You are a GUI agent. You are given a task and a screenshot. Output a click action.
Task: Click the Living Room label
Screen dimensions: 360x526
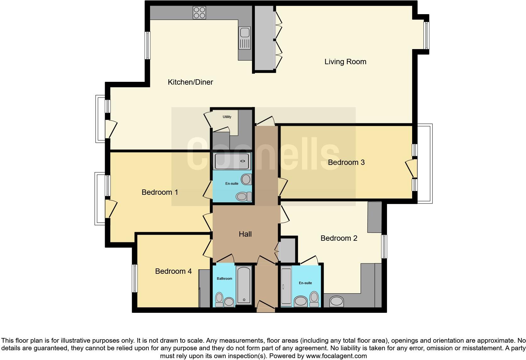click(345, 62)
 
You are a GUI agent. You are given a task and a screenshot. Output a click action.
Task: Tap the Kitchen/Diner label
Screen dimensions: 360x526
click(190, 82)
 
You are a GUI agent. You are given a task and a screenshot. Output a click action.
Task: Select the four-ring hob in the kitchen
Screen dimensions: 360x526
click(199, 13)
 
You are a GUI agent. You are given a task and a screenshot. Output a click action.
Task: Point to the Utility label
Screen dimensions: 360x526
click(227, 117)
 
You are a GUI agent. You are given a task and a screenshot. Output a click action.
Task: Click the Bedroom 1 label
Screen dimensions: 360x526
click(160, 192)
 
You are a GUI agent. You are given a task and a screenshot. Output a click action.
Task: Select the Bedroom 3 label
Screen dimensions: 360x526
click(346, 162)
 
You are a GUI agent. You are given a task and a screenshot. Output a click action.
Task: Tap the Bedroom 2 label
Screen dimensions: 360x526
click(339, 238)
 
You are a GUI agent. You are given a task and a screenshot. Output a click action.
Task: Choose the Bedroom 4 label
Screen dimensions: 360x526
click(173, 271)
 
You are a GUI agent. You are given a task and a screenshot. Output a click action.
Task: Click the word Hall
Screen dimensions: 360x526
click(245, 234)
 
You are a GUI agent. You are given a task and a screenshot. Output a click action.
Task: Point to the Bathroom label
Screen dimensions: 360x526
click(224, 278)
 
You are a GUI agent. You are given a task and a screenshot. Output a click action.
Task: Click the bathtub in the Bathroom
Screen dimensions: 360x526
click(244, 285)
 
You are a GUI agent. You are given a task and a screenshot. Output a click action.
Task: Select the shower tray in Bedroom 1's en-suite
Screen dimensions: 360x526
click(232, 161)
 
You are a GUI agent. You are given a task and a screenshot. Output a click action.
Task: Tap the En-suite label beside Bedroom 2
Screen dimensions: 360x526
click(305, 283)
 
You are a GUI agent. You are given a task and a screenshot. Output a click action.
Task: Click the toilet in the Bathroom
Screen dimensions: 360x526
click(219, 299)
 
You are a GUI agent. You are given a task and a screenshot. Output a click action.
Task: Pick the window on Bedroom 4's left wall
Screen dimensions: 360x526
click(135, 278)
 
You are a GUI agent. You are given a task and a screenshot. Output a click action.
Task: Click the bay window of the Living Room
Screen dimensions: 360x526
click(426, 35)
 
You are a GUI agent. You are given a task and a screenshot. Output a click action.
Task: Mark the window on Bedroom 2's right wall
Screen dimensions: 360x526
click(384, 247)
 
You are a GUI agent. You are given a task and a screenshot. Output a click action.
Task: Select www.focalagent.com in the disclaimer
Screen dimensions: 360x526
click(336, 356)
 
